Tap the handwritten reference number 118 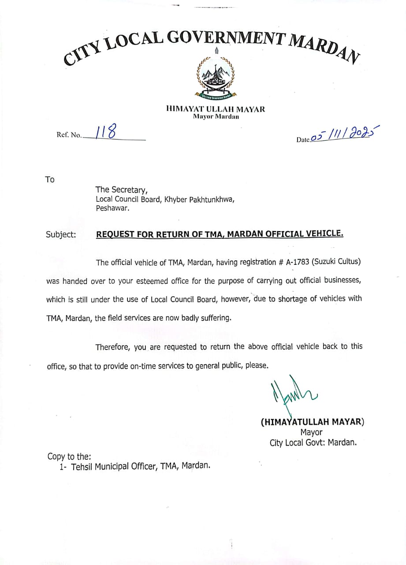(x=104, y=132)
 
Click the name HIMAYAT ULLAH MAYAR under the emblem (x=216, y=109)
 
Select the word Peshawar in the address (x=112, y=208)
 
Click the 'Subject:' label (x=61, y=234)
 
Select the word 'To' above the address (x=50, y=180)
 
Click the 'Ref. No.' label (x=69, y=136)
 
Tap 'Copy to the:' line (x=69, y=456)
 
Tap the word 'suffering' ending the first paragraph (x=216, y=318)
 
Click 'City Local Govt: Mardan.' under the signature (x=313, y=442)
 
